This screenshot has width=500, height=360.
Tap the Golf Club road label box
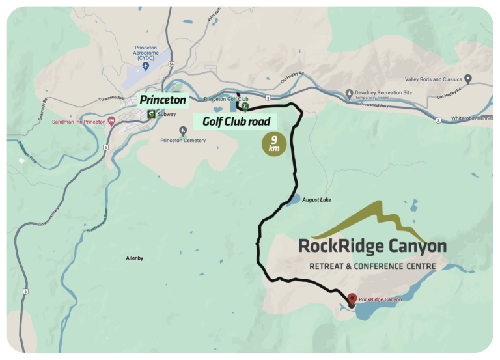[236, 121]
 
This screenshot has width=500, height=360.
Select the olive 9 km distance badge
[273, 145]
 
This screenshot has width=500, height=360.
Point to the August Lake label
[316, 199]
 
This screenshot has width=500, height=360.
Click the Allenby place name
[134, 258]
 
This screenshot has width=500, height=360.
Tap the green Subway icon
[151, 114]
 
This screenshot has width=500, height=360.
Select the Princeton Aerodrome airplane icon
[145, 66]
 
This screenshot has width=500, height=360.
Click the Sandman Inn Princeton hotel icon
[111, 120]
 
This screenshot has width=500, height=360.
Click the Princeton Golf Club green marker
[245, 105]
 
